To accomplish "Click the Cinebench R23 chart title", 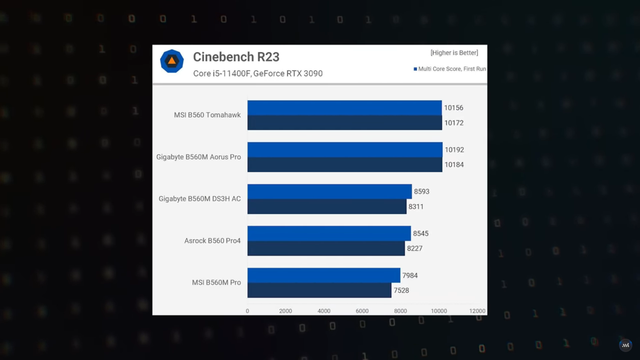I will coord(236,57).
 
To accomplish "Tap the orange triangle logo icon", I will coord(172,61).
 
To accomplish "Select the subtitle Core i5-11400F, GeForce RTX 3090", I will coord(258,73).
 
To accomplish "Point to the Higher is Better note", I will coord(454,53).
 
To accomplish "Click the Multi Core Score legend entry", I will coord(450,69).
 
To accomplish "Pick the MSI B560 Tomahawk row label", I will coord(207,115).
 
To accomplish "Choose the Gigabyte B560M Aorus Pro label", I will coord(198,157).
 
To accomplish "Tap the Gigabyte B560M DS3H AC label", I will coord(199,199).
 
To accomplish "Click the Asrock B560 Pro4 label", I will coord(212,241).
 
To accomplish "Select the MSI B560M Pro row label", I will coord(216,282).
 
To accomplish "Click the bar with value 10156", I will coord(344,108).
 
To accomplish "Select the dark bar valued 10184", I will coord(344,165).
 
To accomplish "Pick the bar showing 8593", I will coord(329,192).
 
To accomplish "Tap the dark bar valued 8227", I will coord(326,248).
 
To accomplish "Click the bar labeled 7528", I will coord(319,290).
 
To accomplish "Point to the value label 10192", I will coord(454,150).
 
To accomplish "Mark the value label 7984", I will coord(410,275).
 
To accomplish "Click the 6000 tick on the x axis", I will coord(362,311).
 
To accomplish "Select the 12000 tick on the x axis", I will coord(477,311).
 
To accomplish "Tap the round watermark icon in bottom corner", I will coord(625,345).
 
